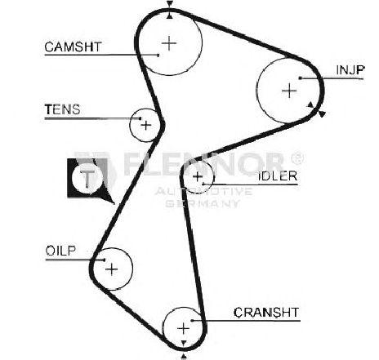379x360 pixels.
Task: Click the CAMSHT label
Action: (73, 47)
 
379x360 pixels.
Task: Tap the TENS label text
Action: (62, 109)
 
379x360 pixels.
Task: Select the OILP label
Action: (60, 251)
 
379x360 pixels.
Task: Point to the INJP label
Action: (350, 70)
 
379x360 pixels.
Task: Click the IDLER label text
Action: (278, 176)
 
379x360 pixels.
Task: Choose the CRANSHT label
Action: (266, 312)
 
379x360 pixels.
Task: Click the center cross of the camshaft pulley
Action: (169, 43)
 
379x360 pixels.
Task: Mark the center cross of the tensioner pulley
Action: (146, 125)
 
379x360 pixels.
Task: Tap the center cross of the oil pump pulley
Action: (112, 269)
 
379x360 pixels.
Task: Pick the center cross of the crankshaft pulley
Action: (184, 328)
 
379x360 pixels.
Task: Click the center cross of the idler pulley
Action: (198, 177)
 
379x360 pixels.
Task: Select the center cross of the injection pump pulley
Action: (289, 91)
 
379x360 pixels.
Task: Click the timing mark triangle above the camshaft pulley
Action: (170, 4)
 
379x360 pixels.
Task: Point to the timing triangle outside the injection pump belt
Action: (322, 114)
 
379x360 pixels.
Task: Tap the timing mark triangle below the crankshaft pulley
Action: (184, 357)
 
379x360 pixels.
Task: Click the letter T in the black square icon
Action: (87, 179)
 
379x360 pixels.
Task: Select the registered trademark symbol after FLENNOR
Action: (297, 158)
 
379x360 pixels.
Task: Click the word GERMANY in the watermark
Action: (203, 203)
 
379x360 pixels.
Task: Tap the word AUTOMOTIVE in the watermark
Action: (203, 191)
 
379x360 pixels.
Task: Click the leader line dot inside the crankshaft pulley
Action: (192, 321)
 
